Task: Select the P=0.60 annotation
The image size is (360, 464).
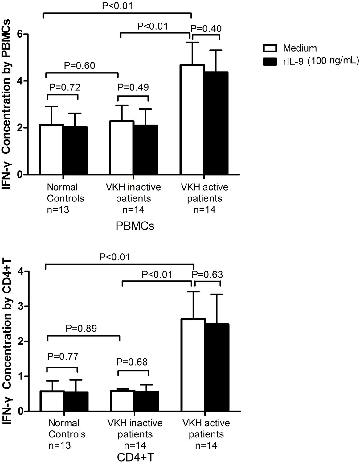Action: [80, 66]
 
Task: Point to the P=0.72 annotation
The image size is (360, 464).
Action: [65, 87]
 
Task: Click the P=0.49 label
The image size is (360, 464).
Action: [133, 87]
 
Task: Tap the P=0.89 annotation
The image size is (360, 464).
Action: [81, 328]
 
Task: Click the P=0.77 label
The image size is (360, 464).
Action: [63, 357]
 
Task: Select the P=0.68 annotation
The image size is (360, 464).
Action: [132, 362]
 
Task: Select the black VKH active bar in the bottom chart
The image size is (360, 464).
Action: [217, 367]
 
